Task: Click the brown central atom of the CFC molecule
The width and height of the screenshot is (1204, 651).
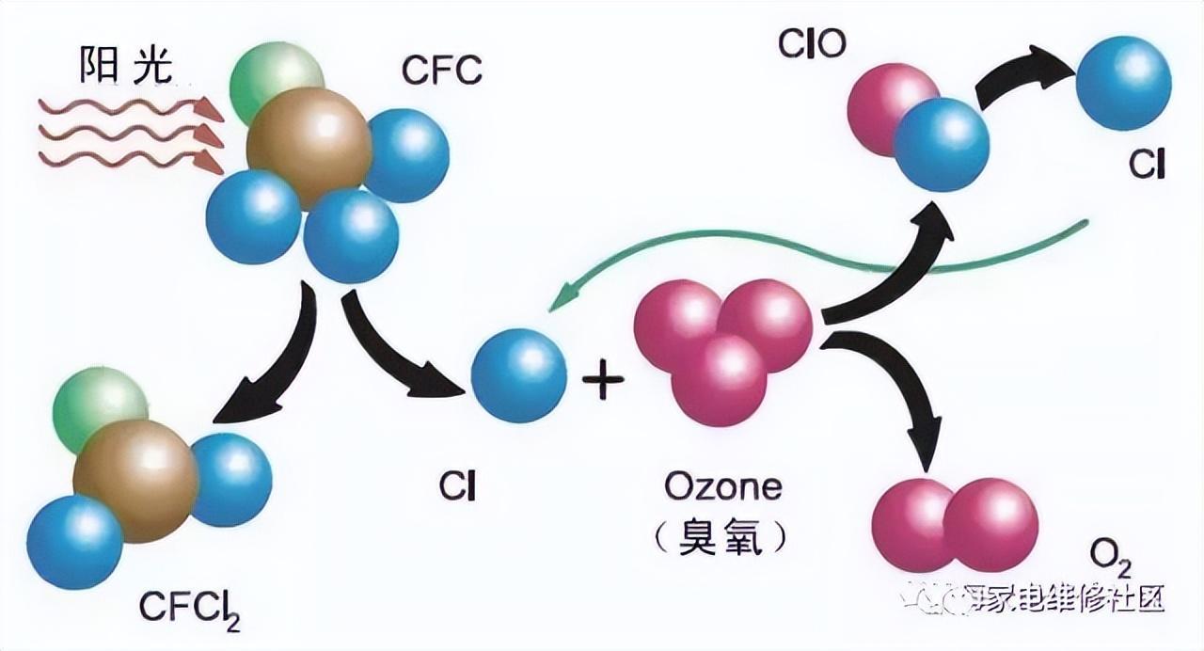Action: tap(309, 146)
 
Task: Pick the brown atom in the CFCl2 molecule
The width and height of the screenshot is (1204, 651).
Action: tap(135, 481)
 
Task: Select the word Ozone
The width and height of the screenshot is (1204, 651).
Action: tap(722, 487)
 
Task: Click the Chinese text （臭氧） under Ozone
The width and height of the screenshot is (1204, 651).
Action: tap(722, 537)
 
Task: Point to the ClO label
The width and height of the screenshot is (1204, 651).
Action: tap(813, 44)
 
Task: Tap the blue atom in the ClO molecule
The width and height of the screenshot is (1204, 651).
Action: tap(942, 144)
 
